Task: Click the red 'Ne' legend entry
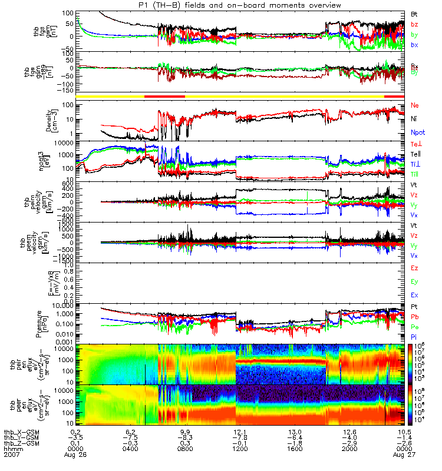click(x=415, y=105)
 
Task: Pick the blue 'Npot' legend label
click(x=418, y=133)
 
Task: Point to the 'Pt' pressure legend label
click(x=414, y=308)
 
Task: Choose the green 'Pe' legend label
click(x=414, y=326)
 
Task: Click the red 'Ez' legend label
click(x=414, y=268)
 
